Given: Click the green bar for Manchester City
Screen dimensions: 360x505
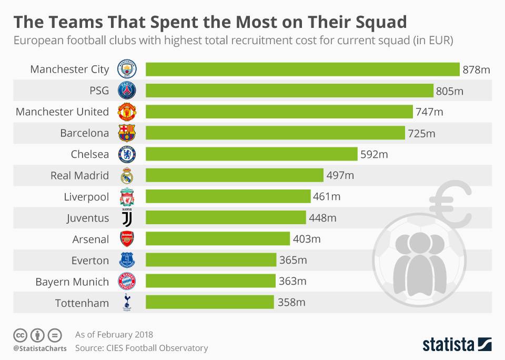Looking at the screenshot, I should [x=302, y=69].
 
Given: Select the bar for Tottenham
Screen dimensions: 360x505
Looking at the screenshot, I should [x=210, y=302].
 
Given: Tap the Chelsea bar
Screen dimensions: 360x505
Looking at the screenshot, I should [x=251, y=154].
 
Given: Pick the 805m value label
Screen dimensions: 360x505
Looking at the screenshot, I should [x=450, y=91].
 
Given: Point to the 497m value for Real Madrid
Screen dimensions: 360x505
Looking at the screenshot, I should [x=340, y=175].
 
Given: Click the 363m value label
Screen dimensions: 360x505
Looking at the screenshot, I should [x=292, y=281].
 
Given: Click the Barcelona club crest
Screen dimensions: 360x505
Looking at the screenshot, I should [x=127, y=133].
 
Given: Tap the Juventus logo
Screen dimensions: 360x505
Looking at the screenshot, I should [x=127, y=217].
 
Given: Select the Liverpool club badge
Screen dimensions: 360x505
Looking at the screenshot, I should [x=127, y=197].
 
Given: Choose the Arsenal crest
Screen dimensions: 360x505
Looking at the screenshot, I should [x=127, y=239].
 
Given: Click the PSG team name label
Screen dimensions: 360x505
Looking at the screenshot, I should [x=99, y=91].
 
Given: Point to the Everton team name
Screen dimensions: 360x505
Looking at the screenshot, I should [x=90, y=260].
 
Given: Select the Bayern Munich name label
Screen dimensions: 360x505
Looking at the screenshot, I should [x=72, y=282].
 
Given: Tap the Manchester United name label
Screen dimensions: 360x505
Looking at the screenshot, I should [x=62, y=112].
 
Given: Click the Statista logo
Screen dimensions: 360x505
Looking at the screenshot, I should [x=457, y=345].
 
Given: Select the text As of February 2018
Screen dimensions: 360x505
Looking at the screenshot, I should [x=114, y=334].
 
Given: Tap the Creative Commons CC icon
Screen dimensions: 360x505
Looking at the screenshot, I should [x=20, y=335].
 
